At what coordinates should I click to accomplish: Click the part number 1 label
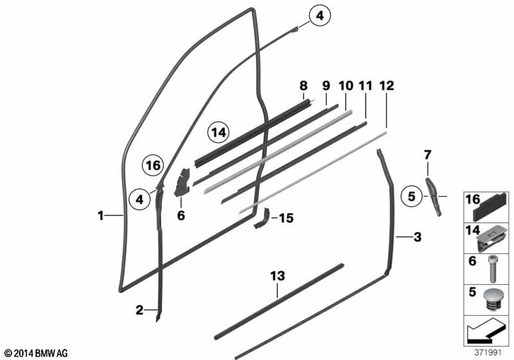point(101,217)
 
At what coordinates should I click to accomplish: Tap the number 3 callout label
point(417,238)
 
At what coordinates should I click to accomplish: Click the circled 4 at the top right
point(319,17)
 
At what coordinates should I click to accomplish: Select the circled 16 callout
point(152,166)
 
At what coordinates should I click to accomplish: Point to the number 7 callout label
point(428,154)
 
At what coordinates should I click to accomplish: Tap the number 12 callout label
point(387,85)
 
